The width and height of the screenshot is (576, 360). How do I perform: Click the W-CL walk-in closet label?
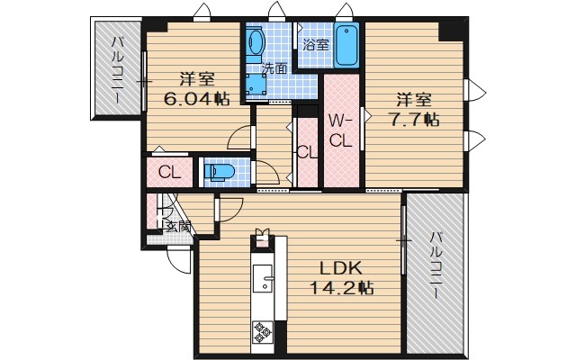coord(339,130)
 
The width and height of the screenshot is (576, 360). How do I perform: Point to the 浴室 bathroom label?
coord(316,44)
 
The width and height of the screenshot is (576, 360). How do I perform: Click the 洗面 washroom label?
coord(274,67)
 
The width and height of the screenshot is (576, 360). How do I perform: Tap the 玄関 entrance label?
coord(177,227)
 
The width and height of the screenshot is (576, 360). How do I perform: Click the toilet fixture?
coord(220,170)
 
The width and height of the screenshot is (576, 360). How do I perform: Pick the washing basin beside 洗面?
coord(255,42)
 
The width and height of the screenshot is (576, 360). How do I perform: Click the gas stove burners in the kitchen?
coord(264,333)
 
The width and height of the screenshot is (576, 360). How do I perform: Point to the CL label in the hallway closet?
coord(306,152)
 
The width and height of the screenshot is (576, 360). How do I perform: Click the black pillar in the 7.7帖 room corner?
coord(451,29)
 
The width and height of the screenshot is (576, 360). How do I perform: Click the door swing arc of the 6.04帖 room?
coord(240,137)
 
